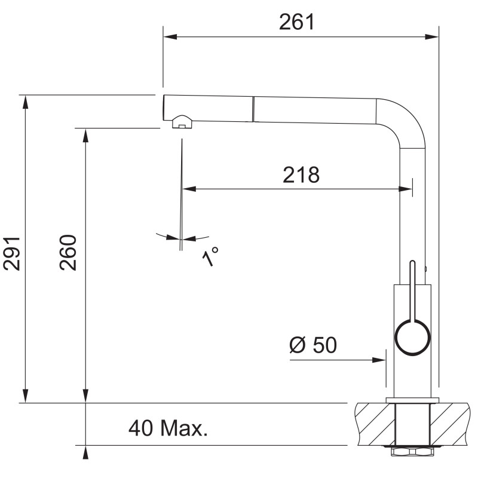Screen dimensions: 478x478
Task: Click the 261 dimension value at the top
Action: tap(296, 22)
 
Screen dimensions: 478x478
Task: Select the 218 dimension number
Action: tap(301, 175)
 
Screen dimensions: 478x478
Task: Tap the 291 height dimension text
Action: tap(11, 253)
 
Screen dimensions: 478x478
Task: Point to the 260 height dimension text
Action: tap(68, 252)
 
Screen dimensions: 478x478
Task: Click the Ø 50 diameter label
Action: tap(313, 345)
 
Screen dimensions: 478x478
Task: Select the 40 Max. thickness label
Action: tap(168, 428)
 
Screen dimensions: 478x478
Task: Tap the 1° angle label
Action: tap(210, 256)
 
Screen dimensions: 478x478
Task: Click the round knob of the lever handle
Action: tap(412, 338)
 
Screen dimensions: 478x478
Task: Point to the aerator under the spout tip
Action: tap(182, 122)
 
